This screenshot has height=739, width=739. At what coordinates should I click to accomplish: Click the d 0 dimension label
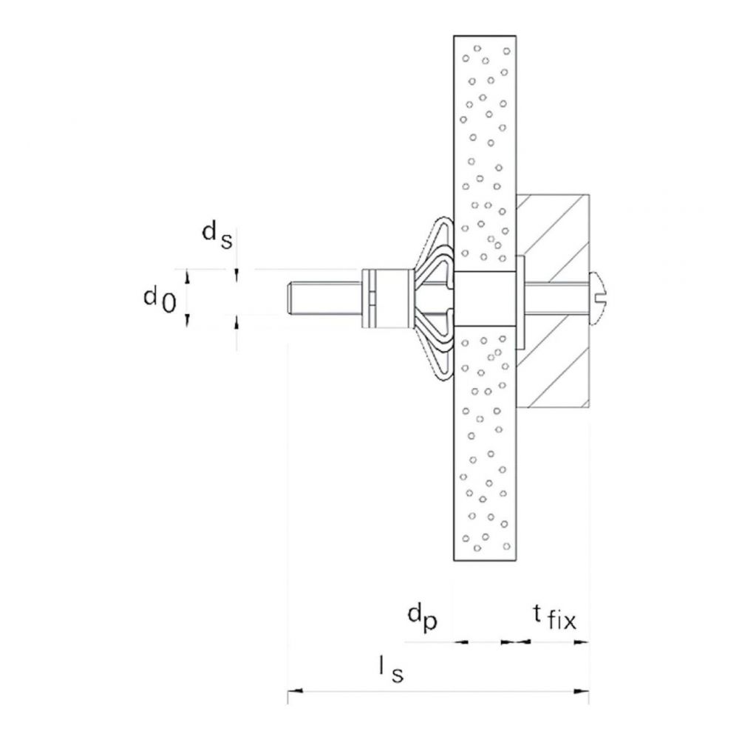click(x=160, y=300)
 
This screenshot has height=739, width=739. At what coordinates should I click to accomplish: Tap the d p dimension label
click(x=423, y=618)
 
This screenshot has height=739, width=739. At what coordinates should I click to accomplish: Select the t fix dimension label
click(x=555, y=617)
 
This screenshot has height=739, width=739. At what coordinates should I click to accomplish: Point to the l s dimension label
click(x=392, y=670)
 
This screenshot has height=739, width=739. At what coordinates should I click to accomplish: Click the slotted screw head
click(x=599, y=298)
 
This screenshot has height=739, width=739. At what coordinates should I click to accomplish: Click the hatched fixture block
click(x=553, y=300)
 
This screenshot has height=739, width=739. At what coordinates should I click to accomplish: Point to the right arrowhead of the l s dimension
click(x=582, y=691)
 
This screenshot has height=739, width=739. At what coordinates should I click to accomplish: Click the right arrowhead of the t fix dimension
click(x=582, y=641)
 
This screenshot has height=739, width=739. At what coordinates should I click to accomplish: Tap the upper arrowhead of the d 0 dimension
click(x=188, y=276)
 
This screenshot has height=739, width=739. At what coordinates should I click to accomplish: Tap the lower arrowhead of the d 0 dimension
click(x=188, y=321)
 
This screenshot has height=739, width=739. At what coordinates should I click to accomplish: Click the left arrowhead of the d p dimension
click(x=461, y=641)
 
